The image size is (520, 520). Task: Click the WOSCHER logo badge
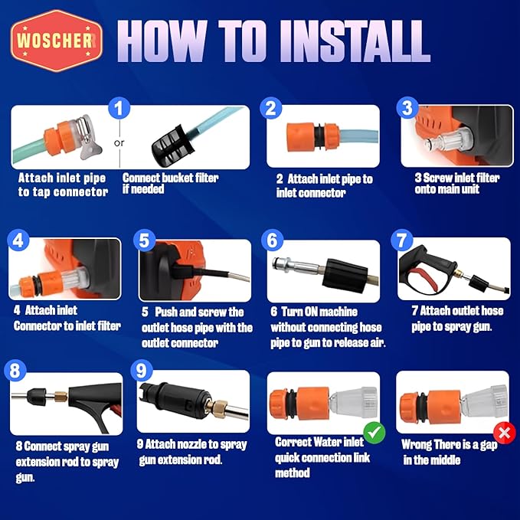(57, 41)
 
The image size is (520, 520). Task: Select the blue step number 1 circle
(119, 108)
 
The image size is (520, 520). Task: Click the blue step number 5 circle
(144, 240)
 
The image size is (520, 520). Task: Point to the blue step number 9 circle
(141, 371)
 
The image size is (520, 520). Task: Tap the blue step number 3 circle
(407, 107)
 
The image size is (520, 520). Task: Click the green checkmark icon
(374, 433)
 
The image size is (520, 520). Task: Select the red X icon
(505, 433)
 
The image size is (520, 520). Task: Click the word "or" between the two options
(119, 142)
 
